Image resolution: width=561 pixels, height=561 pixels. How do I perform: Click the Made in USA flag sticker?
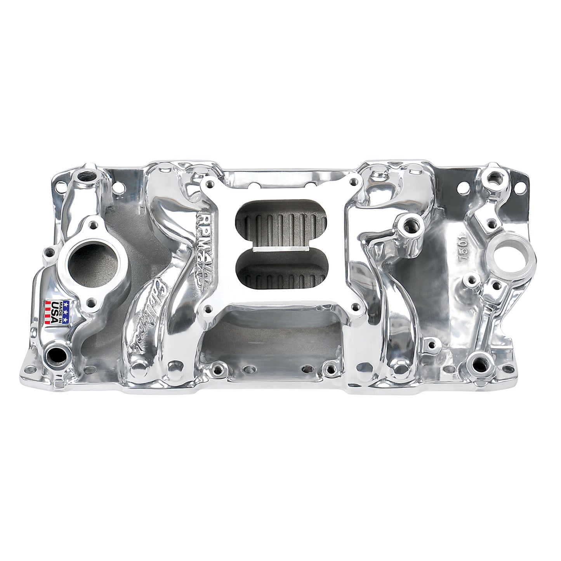pos(57,312)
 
